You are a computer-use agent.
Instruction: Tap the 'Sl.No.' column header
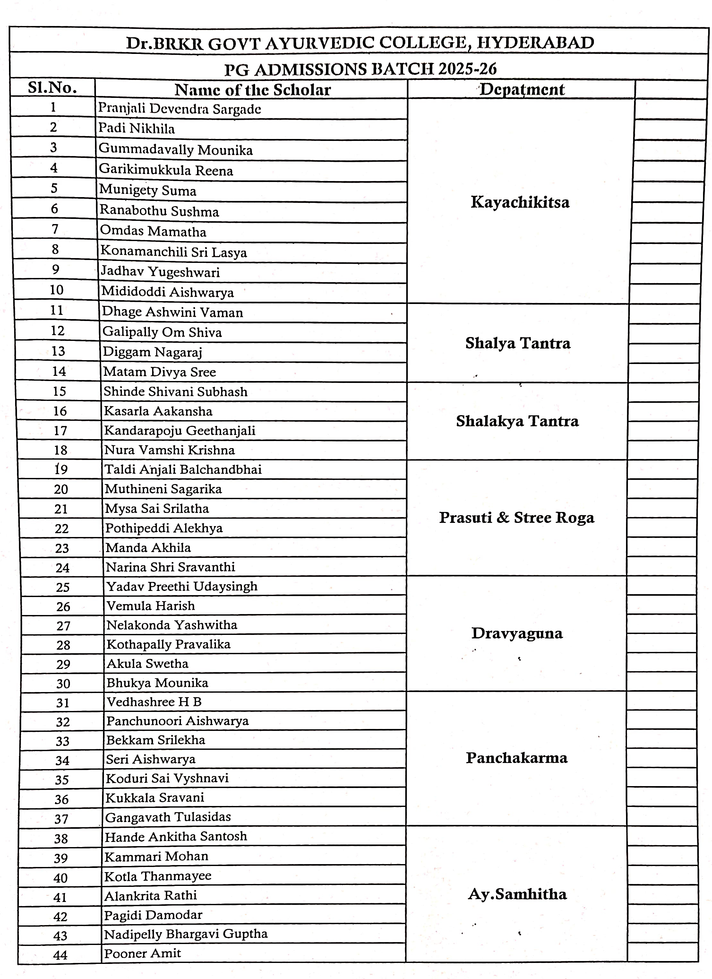pos(52,88)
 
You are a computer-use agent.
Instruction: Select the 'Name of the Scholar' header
pos(253,90)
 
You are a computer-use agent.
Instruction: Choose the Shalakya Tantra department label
pos(517,421)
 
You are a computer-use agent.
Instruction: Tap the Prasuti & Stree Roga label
pos(517,517)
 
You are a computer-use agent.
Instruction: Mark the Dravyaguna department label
pos(517,633)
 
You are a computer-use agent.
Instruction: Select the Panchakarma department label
pos(517,758)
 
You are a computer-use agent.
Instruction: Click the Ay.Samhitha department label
pos(517,894)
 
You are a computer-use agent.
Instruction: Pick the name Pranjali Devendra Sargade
pos(179,108)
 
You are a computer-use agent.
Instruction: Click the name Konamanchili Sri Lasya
pos(174,252)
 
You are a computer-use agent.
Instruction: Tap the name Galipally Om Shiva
pos(162,332)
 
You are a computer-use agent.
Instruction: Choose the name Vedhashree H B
pos(154,702)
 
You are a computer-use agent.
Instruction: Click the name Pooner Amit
pos(142,953)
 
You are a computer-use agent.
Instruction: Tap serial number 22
pos(61,529)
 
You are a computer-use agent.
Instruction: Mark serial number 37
pos(62,819)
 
